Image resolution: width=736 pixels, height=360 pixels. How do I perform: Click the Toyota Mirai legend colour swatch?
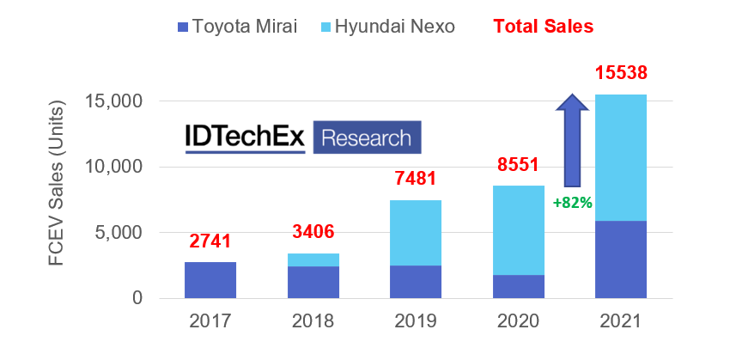point(181,27)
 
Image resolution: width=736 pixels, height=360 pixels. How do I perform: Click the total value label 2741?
point(210,242)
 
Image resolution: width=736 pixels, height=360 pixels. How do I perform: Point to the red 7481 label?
point(416,180)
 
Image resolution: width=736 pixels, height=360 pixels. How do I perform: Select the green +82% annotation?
point(572,203)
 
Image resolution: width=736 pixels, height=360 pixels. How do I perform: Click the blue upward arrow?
point(573,140)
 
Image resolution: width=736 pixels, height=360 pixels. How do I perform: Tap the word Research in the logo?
point(367,137)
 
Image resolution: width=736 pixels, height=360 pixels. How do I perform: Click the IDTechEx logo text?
point(246,137)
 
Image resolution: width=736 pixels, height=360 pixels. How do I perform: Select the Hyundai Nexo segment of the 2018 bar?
point(313,259)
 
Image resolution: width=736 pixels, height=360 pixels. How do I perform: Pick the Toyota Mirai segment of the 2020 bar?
point(518,286)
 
